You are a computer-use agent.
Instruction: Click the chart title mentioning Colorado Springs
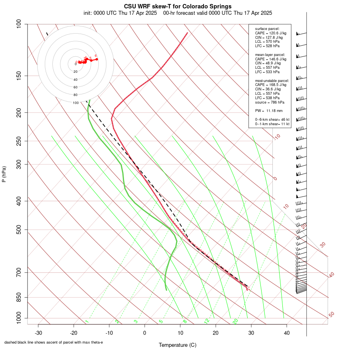[x=178, y=6]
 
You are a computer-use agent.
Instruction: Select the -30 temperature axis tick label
[x=38, y=333]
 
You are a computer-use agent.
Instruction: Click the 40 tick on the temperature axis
[x=287, y=333]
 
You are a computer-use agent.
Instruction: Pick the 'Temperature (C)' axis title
[x=178, y=345]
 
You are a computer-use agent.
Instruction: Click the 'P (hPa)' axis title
[x=4, y=174]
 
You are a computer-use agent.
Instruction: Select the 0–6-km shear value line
[x=272, y=120]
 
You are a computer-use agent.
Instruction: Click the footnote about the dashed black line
[x=54, y=342]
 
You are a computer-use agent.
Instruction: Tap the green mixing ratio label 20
[x=236, y=321]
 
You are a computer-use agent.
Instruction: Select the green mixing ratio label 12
[x=207, y=321]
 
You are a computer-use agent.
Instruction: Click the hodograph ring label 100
[x=76, y=103]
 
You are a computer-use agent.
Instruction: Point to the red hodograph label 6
[x=96, y=56]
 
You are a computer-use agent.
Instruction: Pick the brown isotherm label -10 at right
[x=277, y=137]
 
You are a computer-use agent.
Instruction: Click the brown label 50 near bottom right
[x=331, y=314]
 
